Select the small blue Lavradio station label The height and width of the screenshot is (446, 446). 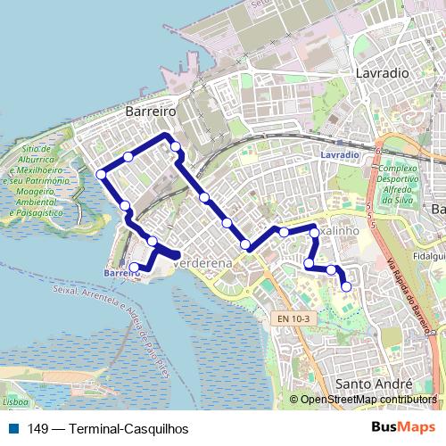[339, 154]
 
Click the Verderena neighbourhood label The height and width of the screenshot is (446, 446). [204, 264]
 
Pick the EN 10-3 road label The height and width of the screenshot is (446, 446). [293, 318]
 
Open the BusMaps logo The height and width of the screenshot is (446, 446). [403, 427]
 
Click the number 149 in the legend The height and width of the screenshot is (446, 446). [37, 428]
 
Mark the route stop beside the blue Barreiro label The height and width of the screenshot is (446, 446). [135, 267]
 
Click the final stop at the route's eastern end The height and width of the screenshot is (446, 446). [346, 286]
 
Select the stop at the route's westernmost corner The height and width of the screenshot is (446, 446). [101, 173]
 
